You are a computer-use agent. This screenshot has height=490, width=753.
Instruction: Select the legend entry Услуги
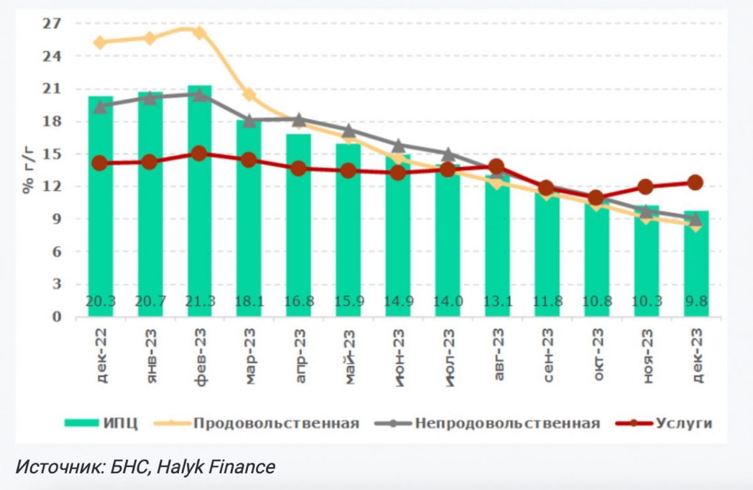(x=684, y=423)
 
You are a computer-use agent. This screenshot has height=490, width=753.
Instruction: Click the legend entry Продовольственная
(x=276, y=423)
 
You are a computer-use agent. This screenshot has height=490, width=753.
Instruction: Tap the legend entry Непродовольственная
(x=507, y=423)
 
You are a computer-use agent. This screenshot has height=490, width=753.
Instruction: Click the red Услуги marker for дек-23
(x=695, y=183)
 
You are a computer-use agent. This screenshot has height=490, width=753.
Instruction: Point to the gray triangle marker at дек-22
(x=100, y=107)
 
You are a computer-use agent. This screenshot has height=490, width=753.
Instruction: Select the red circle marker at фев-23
(x=200, y=154)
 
